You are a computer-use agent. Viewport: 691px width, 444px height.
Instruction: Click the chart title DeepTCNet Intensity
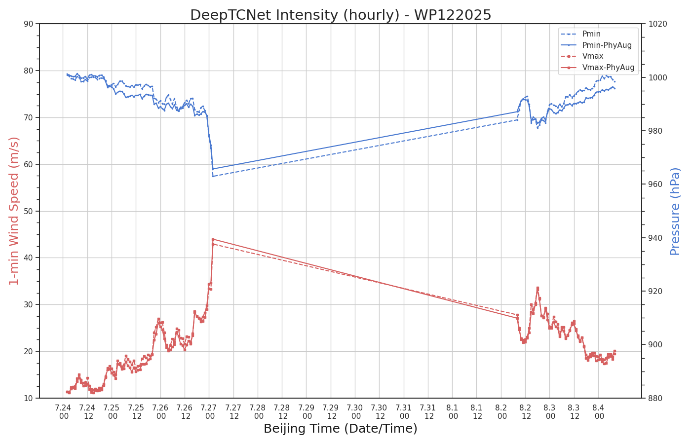click(x=341, y=15)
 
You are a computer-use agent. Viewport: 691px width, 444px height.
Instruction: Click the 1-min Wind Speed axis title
click(x=14, y=211)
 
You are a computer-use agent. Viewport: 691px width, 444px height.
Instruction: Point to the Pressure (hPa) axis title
click(x=675, y=212)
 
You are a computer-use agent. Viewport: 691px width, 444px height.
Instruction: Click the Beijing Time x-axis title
click(x=341, y=429)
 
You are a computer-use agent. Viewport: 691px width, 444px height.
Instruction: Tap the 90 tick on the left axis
click(x=29, y=24)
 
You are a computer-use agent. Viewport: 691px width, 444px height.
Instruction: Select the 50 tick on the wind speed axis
click(x=29, y=211)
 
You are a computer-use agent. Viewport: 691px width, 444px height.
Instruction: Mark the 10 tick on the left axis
click(x=29, y=399)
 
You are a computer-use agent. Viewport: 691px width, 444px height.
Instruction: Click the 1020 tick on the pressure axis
click(x=657, y=24)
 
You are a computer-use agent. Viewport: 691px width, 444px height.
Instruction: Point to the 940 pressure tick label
click(x=655, y=238)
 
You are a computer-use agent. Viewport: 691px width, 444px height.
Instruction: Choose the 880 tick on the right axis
click(x=655, y=399)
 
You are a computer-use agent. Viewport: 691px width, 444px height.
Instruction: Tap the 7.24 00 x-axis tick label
click(x=63, y=412)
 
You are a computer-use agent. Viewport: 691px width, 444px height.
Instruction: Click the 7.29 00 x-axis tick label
click(x=307, y=412)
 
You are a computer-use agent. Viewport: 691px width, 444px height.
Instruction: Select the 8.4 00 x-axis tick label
click(x=598, y=412)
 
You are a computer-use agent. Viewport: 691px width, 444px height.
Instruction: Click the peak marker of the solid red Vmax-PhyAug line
click(x=213, y=239)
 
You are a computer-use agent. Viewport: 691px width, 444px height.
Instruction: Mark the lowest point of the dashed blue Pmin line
click(x=213, y=177)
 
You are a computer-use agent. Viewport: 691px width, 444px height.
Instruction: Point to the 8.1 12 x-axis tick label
click(x=477, y=412)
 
